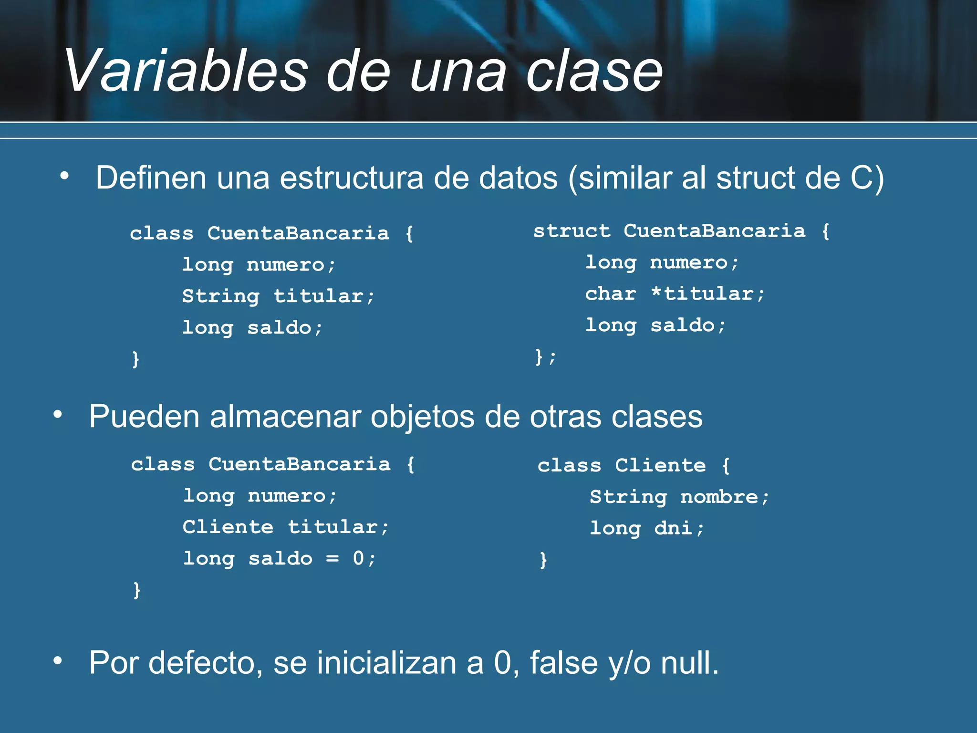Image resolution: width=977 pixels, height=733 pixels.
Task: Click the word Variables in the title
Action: click(x=186, y=72)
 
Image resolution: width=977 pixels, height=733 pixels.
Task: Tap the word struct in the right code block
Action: click(x=572, y=231)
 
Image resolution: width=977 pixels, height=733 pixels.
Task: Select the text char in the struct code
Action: click(x=611, y=294)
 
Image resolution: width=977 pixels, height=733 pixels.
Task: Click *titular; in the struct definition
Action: click(x=707, y=294)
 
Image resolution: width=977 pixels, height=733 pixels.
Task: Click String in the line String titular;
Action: click(x=221, y=296)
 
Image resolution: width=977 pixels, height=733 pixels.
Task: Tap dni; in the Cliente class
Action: click(x=679, y=528)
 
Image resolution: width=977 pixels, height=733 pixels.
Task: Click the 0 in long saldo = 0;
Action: click(x=358, y=558)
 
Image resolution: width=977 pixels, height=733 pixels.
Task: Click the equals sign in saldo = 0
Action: click(x=333, y=558)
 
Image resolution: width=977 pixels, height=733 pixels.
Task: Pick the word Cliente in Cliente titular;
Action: click(x=228, y=527)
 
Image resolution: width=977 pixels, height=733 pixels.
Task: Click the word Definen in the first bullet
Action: click(x=151, y=178)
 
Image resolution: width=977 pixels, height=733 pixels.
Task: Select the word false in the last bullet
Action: click(x=564, y=663)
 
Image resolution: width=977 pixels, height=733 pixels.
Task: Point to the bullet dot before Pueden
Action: click(x=58, y=414)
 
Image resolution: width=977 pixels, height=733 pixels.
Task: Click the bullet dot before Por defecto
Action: click(x=58, y=660)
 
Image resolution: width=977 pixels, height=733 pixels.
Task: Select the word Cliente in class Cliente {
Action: click(x=660, y=466)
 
